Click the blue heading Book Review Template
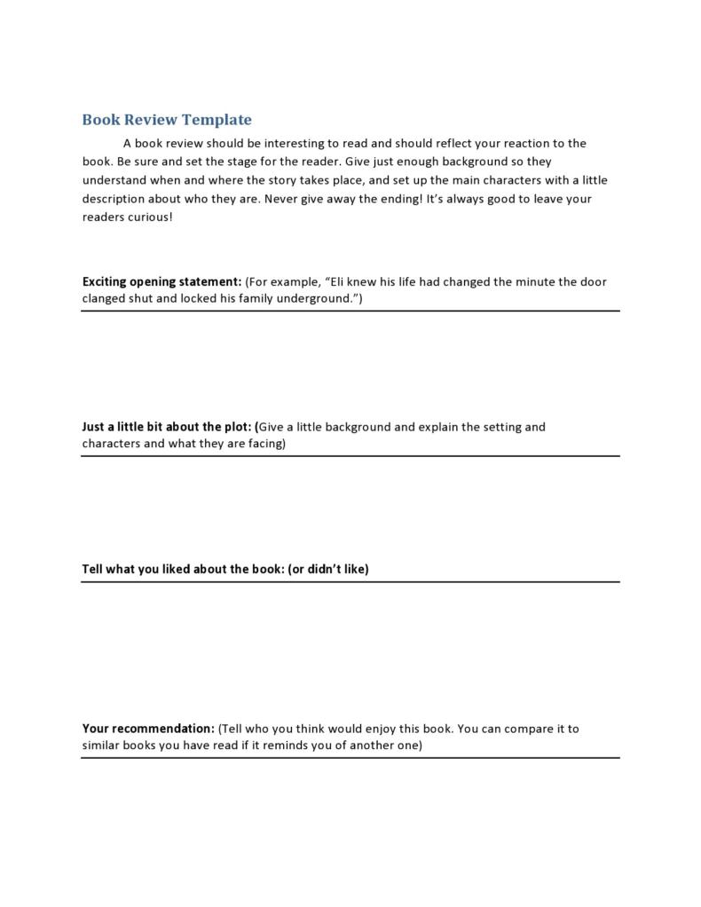pos(167,120)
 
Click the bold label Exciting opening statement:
pos(161,281)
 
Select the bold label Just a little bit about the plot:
pos(167,426)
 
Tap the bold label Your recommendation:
pos(148,729)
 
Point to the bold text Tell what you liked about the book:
pos(183,569)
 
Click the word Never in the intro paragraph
pos(282,199)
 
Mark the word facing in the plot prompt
pos(264,443)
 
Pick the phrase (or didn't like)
pos(328,569)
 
